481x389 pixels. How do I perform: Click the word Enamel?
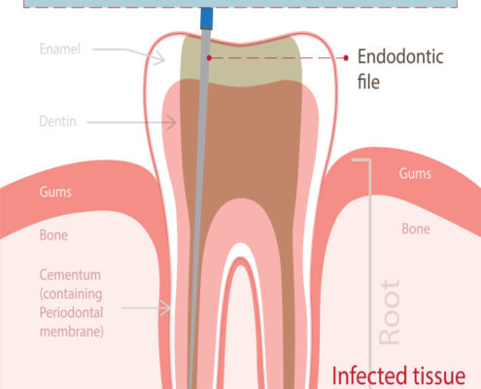click(x=59, y=50)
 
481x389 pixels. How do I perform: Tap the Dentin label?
click(x=57, y=122)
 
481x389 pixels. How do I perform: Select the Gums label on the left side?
click(x=55, y=192)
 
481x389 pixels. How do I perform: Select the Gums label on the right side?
click(x=415, y=173)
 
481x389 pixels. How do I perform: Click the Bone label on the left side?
click(x=53, y=235)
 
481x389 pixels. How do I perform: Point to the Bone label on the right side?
click(x=416, y=229)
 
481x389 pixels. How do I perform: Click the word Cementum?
click(x=70, y=275)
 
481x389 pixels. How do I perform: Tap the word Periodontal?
click(x=71, y=313)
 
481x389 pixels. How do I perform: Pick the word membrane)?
click(x=72, y=332)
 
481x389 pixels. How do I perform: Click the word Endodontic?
click(x=400, y=56)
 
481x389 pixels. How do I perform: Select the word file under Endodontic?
click(x=368, y=82)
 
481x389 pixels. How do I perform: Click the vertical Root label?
click(x=390, y=312)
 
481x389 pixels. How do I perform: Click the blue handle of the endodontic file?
click(x=207, y=18)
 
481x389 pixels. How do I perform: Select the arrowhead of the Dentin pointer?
click(x=171, y=123)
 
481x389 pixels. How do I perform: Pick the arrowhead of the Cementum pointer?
click(x=165, y=308)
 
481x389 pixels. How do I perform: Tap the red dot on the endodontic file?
click(x=209, y=58)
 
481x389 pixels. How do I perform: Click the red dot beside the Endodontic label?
click(x=346, y=58)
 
